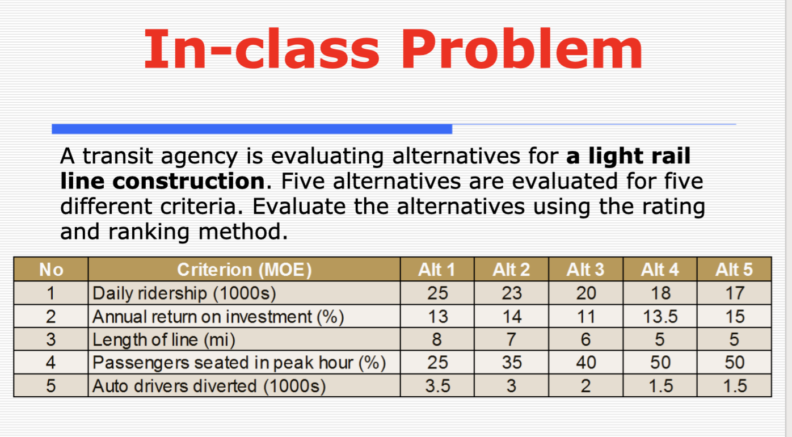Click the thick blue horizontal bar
coord(252,129)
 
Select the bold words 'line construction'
coord(162,182)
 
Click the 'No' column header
coord(51,270)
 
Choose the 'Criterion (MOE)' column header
coord(245,270)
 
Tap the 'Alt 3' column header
coord(585,270)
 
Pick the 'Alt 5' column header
coord(734,270)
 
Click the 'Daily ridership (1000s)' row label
coord(184,293)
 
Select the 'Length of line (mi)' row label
coord(163,340)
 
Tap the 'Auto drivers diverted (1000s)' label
coord(209,386)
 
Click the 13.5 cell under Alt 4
coord(660,317)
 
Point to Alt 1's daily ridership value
coord(437,293)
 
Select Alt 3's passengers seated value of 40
coord(585,363)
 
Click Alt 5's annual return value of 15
coord(734,317)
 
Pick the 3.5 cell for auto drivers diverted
coord(437,386)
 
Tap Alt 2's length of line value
coord(511,340)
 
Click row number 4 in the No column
coord(51,363)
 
